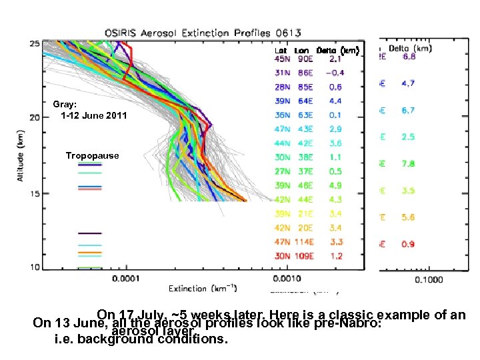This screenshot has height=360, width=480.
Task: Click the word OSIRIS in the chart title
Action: (122, 33)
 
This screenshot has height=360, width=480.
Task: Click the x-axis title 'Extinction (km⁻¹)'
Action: (203, 288)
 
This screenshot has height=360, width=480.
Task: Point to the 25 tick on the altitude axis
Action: (33, 43)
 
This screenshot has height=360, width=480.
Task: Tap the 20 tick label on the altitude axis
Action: (33, 117)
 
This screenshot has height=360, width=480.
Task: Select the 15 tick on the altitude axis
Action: (33, 193)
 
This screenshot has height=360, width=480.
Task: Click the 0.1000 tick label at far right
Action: (429, 280)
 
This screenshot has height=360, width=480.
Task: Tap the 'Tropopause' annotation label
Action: (92, 156)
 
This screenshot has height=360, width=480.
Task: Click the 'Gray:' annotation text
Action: (65, 105)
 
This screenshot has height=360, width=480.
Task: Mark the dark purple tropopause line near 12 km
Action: (89, 233)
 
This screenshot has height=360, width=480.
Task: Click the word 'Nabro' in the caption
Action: (361, 325)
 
